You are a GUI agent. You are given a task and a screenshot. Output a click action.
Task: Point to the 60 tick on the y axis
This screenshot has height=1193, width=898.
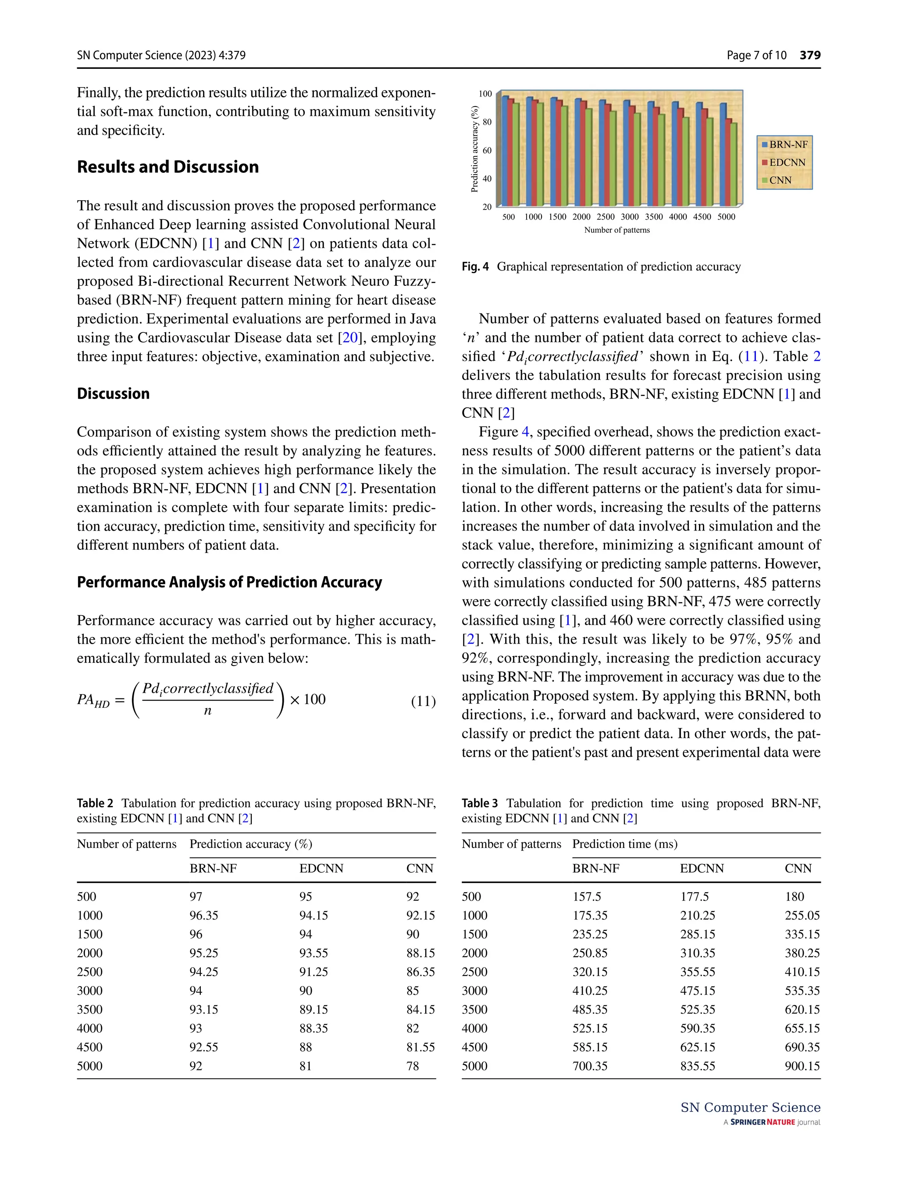coord(486,150)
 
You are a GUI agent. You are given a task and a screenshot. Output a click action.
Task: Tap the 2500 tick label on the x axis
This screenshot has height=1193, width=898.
coord(605,217)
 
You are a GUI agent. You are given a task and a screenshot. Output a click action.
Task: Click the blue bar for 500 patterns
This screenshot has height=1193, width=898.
coord(505,151)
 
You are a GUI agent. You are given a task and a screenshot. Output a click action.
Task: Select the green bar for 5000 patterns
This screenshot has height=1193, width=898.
coord(734,164)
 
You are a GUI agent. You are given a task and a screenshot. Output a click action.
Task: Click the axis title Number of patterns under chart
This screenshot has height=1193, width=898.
coord(616,230)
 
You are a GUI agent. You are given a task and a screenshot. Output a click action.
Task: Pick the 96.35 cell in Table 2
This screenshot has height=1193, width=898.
coord(203,915)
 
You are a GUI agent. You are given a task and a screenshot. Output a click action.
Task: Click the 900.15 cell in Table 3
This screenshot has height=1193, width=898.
coord(802,1066)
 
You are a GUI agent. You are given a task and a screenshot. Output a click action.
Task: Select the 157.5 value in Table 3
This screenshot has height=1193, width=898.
coord(586,896)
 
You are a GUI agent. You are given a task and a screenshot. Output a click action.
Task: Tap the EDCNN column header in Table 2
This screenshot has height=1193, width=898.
coord(321,868)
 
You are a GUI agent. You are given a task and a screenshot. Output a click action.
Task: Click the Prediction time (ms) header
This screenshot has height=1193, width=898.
coord(624,844)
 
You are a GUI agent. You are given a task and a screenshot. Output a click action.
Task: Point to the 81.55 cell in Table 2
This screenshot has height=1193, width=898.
coord(420,1047)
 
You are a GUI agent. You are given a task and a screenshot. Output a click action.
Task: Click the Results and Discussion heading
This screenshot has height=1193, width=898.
coord(168,167)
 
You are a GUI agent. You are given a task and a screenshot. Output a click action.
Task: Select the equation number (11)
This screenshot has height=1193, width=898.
coord(423,701)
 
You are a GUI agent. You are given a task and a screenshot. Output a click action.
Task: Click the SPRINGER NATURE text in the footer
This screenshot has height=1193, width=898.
coord(762,1122)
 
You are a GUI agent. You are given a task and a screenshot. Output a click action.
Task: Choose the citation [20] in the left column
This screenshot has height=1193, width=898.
coord(349,338)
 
